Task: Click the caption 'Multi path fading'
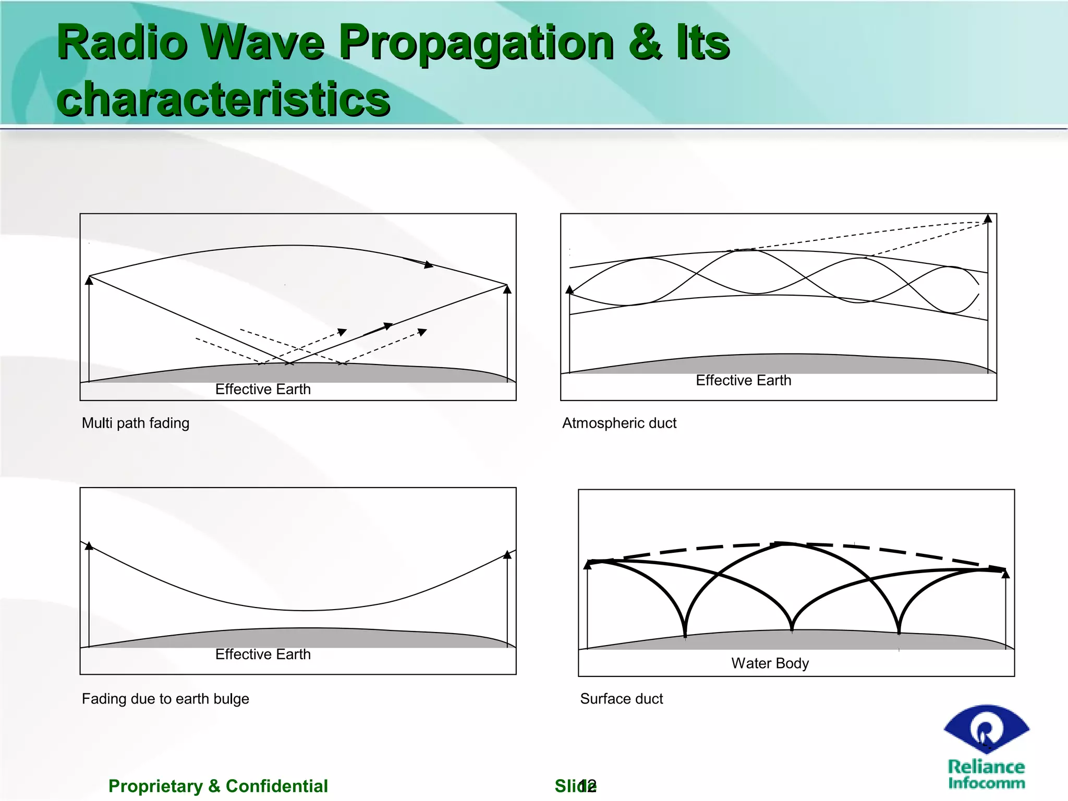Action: [136, 423]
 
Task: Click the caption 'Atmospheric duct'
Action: [619, 423]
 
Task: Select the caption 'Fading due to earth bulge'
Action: [165, 698]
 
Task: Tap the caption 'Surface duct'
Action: [621, 698]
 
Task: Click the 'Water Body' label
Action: [770, 663]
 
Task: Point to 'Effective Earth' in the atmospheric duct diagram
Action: [743, 380]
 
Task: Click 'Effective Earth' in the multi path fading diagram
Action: [263, 389]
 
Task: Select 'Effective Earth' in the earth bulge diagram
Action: [263, 654]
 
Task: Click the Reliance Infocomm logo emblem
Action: [986, 730]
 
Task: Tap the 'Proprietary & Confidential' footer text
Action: [218, 786]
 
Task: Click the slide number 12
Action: [587, 786]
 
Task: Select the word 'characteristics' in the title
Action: [223, 99]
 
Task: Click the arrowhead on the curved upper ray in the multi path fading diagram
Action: [429, 265]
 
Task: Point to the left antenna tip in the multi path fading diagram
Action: [89, 280]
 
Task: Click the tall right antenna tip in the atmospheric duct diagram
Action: [988, 219]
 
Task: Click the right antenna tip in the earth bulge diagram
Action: [507, 554]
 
